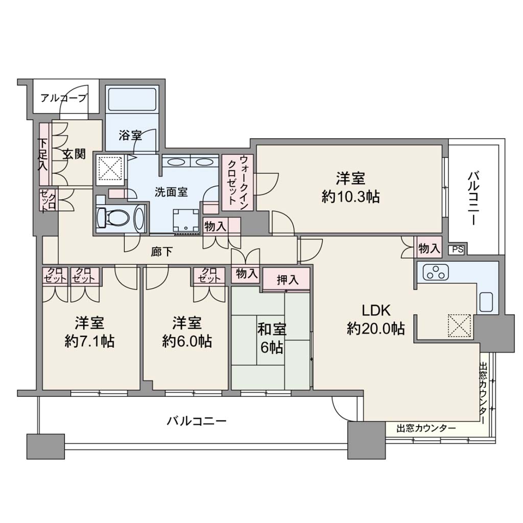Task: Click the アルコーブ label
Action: click(x=64, y=98)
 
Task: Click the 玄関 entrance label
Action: click(x=74, y=154)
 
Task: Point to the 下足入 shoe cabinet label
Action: click(x=43, y=154)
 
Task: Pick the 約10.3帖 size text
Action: click(x=350, y=197)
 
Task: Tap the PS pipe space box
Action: click(x=458, y=249)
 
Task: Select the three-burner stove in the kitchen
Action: click(x=436, y=272)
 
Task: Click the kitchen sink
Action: click(x=487, y=302)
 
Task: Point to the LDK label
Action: click(x=376, y=311)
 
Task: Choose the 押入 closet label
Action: click(x=288, y=280)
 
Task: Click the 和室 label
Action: click(x=272, y=329)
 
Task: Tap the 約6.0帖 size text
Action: click(x=187, y=342)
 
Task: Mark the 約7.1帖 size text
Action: click(x=89, y=342)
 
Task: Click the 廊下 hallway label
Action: click(x=161, y=251)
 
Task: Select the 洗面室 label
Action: click(x=171, y=192)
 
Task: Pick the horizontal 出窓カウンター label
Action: click(x=426, y=429)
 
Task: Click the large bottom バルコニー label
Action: click(x=197, y=421)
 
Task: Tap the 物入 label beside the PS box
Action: click(x=429, y=248)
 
